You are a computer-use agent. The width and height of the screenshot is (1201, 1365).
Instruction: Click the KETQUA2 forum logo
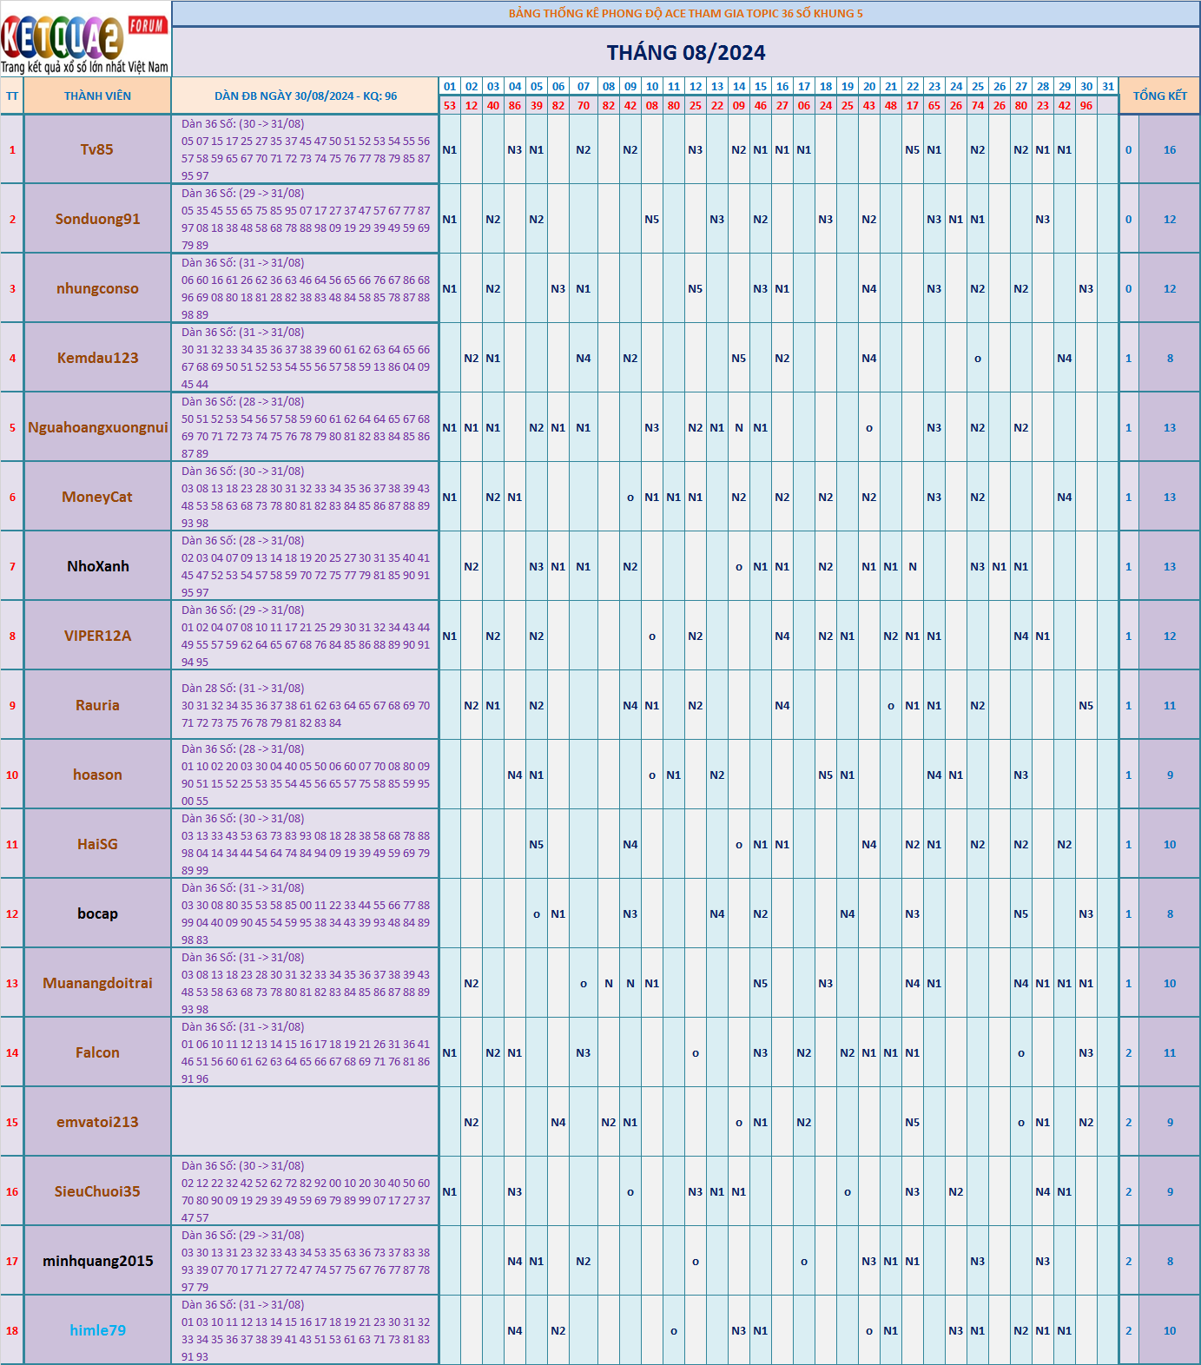(x=85, y=39)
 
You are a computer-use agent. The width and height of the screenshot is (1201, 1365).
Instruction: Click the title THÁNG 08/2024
(x=685, y=53)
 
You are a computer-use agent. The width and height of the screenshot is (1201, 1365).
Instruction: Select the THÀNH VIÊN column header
(x=97, y=96)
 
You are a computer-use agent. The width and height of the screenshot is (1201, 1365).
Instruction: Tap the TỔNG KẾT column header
(x=1159, y=96)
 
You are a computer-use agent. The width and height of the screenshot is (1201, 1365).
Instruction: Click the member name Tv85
(x=97, y=149)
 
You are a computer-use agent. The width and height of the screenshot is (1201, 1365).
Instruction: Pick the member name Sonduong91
(x=97, y=219)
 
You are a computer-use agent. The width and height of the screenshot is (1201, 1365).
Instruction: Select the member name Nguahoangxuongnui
(x=97, y=427)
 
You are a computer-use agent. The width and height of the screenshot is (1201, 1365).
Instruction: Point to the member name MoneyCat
(x=97, y=497)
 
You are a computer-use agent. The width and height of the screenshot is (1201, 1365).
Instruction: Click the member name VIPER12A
(x=97, y=636)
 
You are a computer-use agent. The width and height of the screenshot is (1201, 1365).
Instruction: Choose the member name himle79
(x=97, y=1330)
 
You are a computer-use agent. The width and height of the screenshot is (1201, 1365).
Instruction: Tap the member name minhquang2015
(x=97, y=1261)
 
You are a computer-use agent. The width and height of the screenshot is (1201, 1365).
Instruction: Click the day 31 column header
(x=1107, y=87)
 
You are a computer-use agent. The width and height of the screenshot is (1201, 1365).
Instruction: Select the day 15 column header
(x=760, y=87)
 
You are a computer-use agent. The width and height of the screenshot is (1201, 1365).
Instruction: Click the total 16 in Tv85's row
(x=1170, y=150)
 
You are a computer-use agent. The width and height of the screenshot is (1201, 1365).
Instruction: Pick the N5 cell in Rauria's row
(x=1086, y=706)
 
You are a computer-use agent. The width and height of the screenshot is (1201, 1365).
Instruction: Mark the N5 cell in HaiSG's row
(x=536, y=845)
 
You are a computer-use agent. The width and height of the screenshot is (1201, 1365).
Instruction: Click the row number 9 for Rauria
(x=12, y=706)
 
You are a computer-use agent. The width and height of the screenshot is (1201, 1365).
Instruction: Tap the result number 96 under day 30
(x=1086, y=105)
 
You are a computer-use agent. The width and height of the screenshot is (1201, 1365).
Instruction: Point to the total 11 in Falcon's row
(x=1170, y=1053)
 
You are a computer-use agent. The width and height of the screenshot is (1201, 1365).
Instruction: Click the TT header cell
(x=12, y=96)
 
